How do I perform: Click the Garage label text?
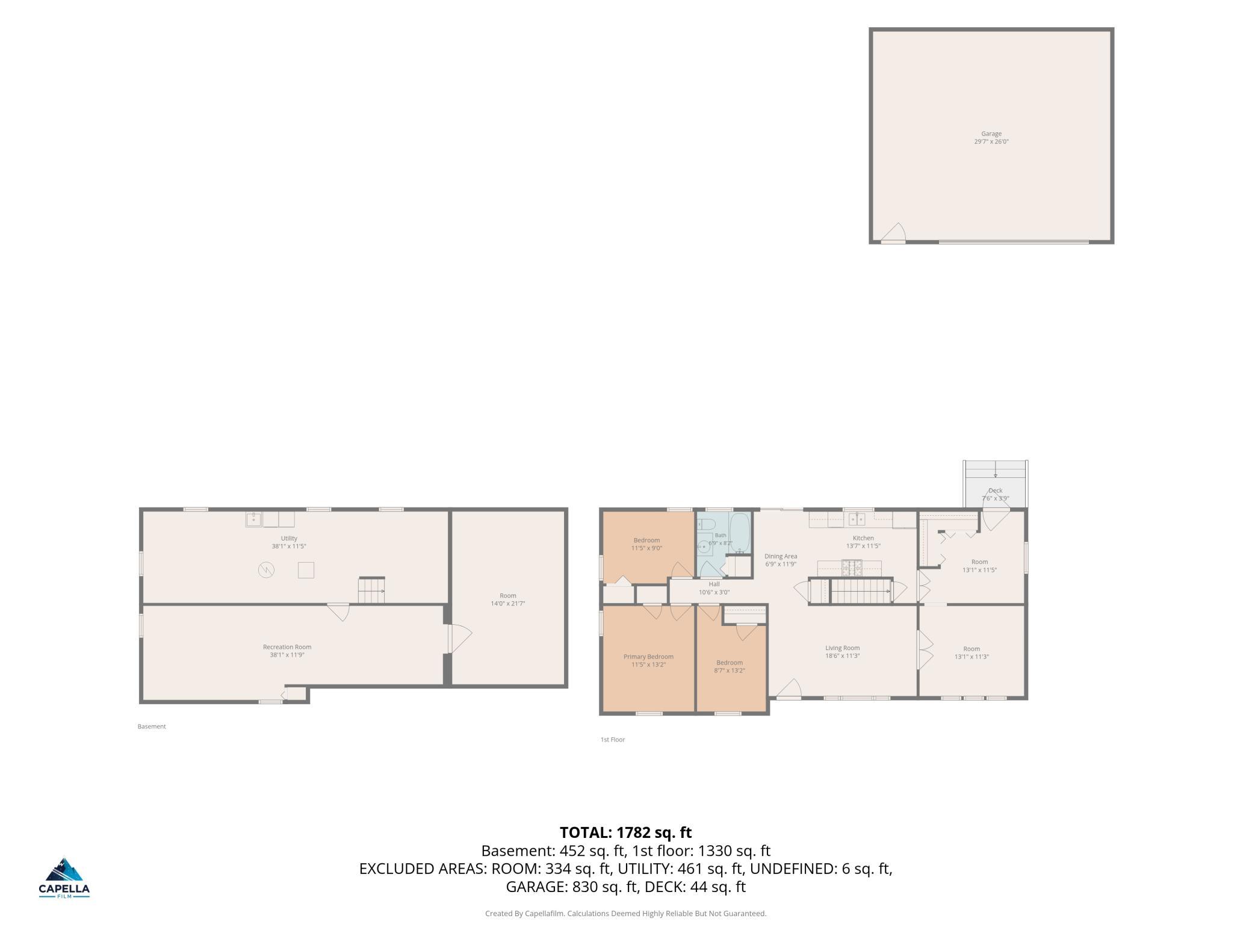[x=991, y=134]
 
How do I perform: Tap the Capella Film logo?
[x=64, y=877]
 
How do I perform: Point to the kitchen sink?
[x=857, y=519]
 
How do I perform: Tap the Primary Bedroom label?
[x=648, y=657]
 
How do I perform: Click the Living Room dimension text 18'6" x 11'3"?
[x=842, y=655]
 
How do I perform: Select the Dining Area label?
[x=781, y=556]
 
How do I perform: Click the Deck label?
[x=996, y=491]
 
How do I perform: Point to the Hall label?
[x=714, y=584]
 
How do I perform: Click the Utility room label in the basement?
[x=289, y=539]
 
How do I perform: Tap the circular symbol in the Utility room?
[x=266, y=569]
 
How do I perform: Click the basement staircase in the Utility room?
[x=371, y=590]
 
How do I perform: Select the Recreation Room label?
[x=287, y=647]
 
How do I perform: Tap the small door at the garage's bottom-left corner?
[x=893, y=233]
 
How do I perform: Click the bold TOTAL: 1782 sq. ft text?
[x=626, y=832]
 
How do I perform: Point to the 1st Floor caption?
[x=613, y=740]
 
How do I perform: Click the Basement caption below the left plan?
[x=152, y=727]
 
